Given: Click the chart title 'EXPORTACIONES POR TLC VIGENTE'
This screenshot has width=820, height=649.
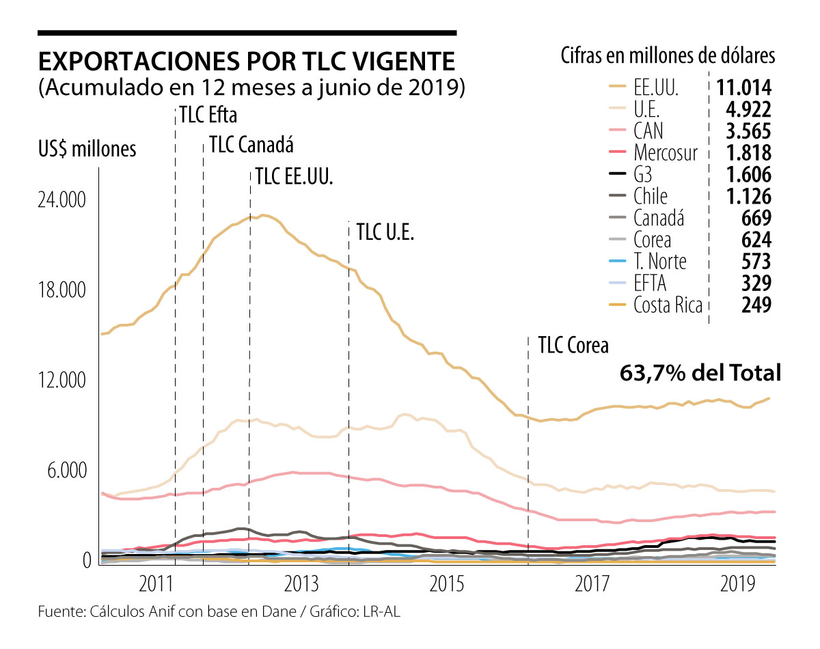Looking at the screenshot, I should (x=247, y=62).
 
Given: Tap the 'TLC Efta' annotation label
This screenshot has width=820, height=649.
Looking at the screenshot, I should (x=208, y=115).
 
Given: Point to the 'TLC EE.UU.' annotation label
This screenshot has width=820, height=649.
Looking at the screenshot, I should (x=294, y=177).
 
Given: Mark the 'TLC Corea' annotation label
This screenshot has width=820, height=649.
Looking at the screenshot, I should (x=573, y=345).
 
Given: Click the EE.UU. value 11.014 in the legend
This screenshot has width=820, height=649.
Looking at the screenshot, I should (x=744, y=87).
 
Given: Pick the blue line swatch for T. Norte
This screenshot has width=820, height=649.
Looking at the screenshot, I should (x=617, y=262).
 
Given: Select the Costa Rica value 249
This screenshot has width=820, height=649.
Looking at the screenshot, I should (x=756, y=305).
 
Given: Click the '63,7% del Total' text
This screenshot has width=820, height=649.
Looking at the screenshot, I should (x=700, y=373).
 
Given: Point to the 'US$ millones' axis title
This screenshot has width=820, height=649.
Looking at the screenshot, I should (x=87, y=148).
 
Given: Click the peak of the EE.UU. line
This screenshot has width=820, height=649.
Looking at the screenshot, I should (x=264, y=215).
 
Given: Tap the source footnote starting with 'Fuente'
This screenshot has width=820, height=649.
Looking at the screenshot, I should (x=218, y=613).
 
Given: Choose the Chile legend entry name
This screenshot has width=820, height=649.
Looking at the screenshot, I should (x=650, y=197).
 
